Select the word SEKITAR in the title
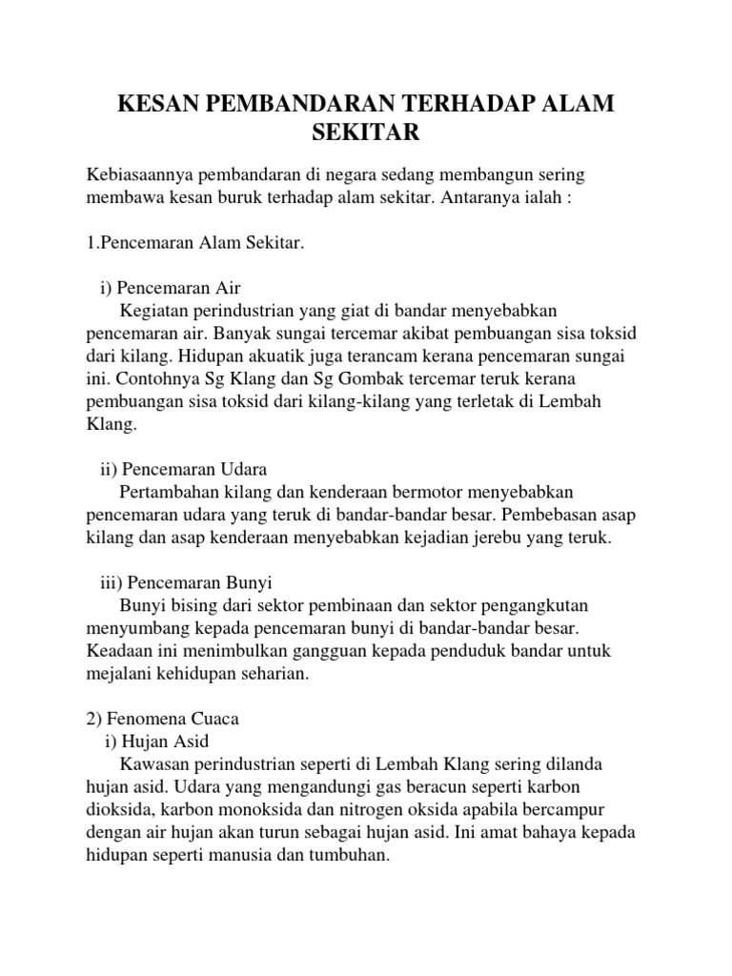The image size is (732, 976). tap(366, 132)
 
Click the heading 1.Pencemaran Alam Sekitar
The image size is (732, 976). tap(194, 245)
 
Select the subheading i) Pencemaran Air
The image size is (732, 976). tap(176, 289)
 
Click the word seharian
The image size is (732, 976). tap(279, 673)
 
